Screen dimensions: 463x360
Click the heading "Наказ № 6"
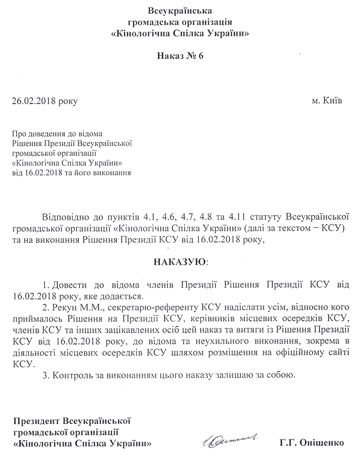[180, 55]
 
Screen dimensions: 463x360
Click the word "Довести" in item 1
[68, 286]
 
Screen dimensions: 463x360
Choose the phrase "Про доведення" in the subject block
[37, 134]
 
